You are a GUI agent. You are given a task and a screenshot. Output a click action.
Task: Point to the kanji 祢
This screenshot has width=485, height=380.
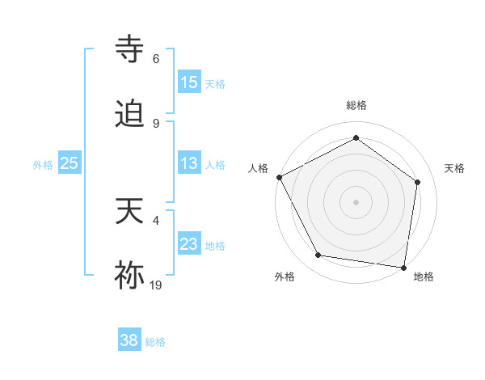(131, 275)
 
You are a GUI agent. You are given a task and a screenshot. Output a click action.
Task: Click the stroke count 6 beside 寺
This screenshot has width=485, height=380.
(156, 59)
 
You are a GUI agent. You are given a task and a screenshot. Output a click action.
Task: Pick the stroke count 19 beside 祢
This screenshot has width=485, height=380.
(156, 284)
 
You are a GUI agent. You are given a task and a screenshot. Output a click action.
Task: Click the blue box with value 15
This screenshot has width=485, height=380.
(189, 82)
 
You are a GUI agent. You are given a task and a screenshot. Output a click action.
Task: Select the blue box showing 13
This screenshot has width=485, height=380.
(189, 164)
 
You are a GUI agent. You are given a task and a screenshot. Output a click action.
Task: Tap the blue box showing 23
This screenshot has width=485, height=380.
(189, 245)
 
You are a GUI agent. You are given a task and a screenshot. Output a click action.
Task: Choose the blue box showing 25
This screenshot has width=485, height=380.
(70, 164)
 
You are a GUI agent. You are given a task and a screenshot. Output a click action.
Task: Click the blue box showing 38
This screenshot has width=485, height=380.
(129, 341)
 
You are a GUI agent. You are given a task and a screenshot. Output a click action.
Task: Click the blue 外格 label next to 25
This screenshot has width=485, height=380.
(43, 165)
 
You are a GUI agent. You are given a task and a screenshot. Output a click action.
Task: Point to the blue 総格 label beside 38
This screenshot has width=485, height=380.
(155, 342)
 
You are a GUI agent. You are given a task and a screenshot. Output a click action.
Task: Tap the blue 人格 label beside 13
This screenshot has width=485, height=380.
(215, 165)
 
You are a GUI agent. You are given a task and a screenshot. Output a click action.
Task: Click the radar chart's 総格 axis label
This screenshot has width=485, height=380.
(356, 105)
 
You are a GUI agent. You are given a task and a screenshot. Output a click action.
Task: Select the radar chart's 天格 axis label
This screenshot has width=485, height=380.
(454, 168)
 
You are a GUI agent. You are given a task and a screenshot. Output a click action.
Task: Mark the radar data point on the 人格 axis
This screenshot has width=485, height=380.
(279, 177)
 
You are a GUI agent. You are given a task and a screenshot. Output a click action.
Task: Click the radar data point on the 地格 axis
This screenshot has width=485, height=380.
(404, 267)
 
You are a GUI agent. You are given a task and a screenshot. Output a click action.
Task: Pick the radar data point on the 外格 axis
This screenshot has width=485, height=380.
(318, 255)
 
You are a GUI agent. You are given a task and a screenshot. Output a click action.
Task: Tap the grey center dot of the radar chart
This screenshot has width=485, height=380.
(356, 202)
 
